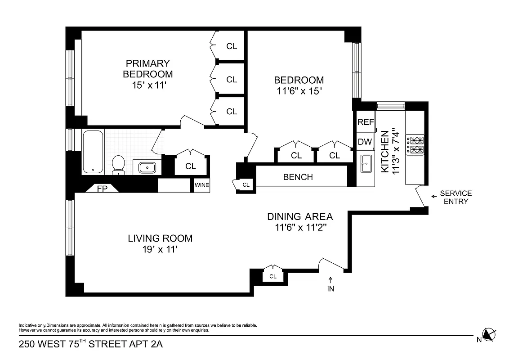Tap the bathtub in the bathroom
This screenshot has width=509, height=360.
93,152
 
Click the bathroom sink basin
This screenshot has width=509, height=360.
147,168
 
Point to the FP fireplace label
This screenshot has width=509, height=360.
103,189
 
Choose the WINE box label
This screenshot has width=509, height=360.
202,185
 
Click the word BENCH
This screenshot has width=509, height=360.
298,177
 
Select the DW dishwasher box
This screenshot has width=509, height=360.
364,142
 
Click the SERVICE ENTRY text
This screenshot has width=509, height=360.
455,197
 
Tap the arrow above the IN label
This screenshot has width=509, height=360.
330,280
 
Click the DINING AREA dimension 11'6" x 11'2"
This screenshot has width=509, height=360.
300,227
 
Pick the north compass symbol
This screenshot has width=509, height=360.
488,335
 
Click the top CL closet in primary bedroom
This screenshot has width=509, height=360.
232,46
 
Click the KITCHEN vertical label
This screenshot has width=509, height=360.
385,152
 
